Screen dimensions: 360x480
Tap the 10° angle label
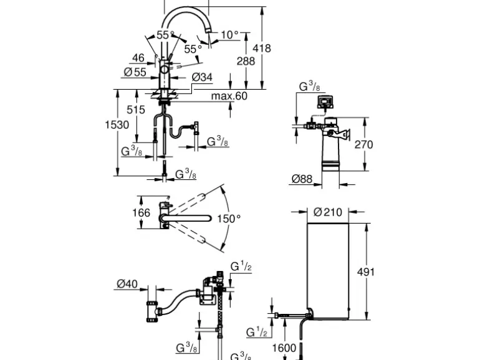point(230,35)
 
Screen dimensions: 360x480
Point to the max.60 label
point(229,96)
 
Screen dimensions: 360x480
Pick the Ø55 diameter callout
point(135,72)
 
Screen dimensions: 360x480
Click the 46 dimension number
point(138,58)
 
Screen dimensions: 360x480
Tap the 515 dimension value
point(135,110)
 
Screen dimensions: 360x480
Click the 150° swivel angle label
point(228,219)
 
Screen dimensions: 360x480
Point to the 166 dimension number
point(142,212)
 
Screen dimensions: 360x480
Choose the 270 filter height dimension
point(363,144)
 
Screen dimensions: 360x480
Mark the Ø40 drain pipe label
point(127,284)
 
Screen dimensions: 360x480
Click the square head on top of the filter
point(326,102)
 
